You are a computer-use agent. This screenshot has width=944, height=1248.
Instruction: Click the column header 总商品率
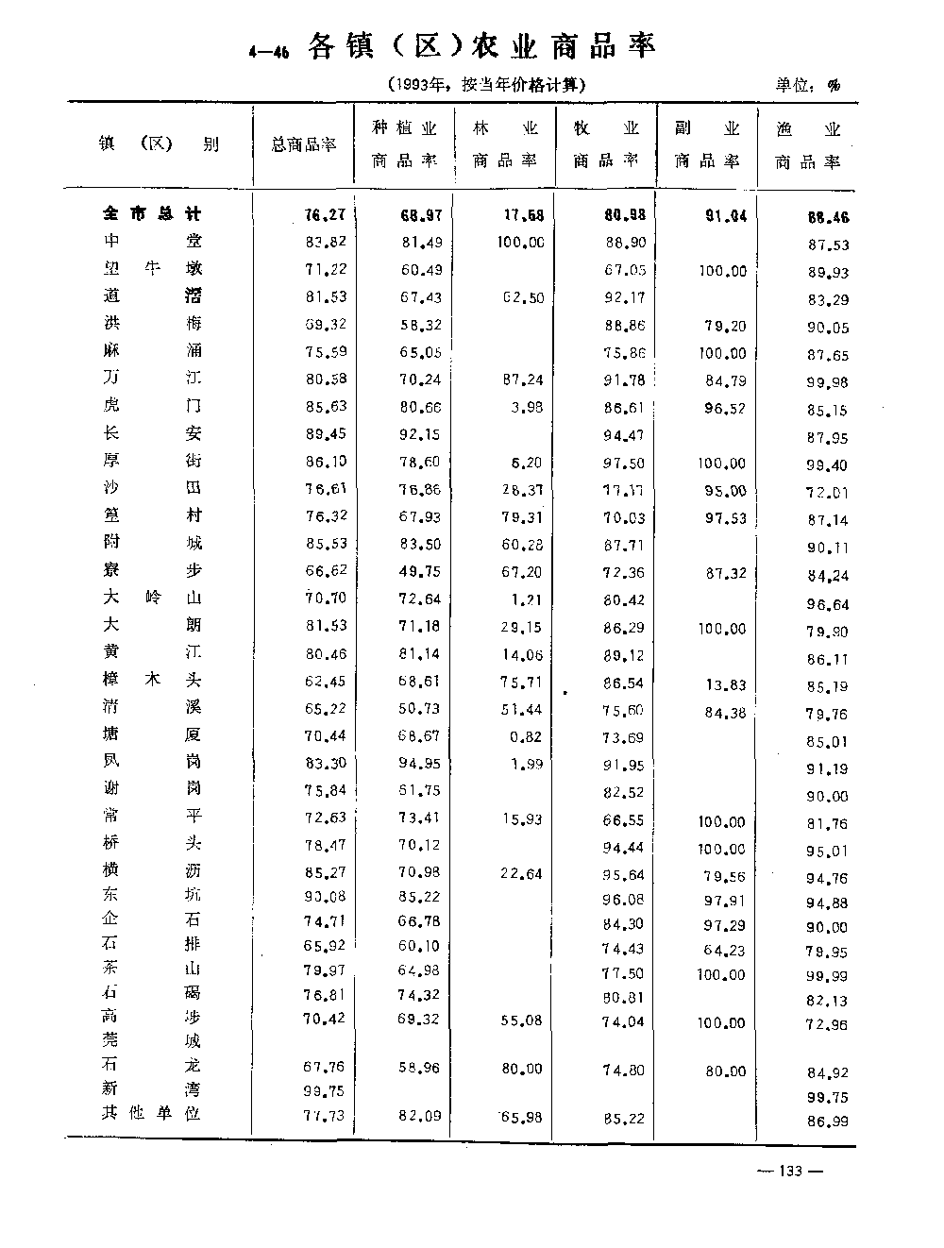point(304,145)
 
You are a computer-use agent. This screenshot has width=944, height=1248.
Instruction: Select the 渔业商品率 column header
point(808,145)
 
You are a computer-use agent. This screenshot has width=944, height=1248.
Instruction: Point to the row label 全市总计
point(152,214)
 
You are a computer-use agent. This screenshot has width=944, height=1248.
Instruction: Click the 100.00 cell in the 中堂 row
point(520,243)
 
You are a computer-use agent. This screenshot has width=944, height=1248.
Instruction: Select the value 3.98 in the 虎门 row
point(527,407)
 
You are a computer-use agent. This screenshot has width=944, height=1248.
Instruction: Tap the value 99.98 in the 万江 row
point(827,381)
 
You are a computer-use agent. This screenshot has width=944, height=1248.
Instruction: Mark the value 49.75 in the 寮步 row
point(422,570)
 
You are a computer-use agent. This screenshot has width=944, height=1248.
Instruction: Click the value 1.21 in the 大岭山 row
point(527,598)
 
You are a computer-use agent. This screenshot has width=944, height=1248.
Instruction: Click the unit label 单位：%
point(807,85)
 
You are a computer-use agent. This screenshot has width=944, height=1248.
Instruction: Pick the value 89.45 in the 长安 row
point(326,434)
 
